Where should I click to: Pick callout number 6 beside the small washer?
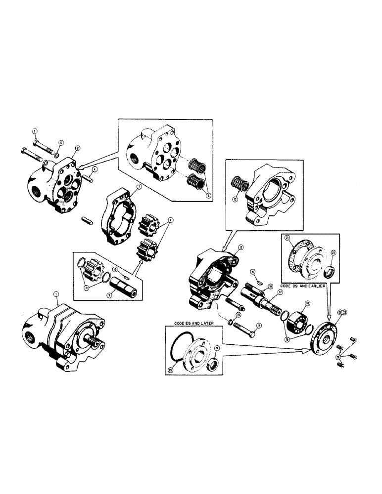click(x=60, y=142)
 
